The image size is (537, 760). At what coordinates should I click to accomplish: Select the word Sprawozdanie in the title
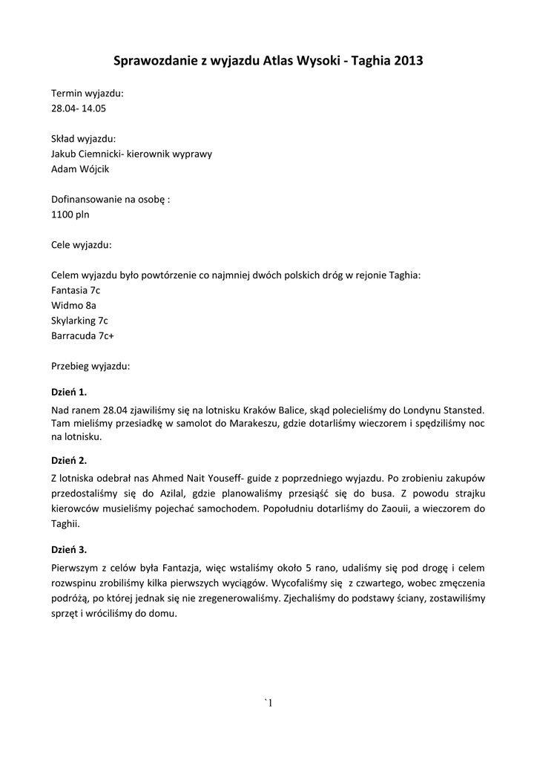(154, 61)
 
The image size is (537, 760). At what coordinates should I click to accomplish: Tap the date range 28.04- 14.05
(83, 108)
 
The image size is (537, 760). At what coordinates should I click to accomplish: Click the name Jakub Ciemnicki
(87, 154)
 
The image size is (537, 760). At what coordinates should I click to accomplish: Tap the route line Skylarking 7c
(79, 321)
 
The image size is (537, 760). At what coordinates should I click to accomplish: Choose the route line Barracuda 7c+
(82, 335)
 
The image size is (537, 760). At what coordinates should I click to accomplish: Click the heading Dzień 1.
(69, 391)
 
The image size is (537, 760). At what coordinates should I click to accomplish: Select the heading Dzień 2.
(69, 459)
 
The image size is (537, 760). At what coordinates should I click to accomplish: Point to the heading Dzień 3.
(69, 549)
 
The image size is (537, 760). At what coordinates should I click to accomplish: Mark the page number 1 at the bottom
(271, 703)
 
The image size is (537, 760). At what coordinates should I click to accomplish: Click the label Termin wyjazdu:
(88, 94)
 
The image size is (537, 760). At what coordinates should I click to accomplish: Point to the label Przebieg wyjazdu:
(90, 366)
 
